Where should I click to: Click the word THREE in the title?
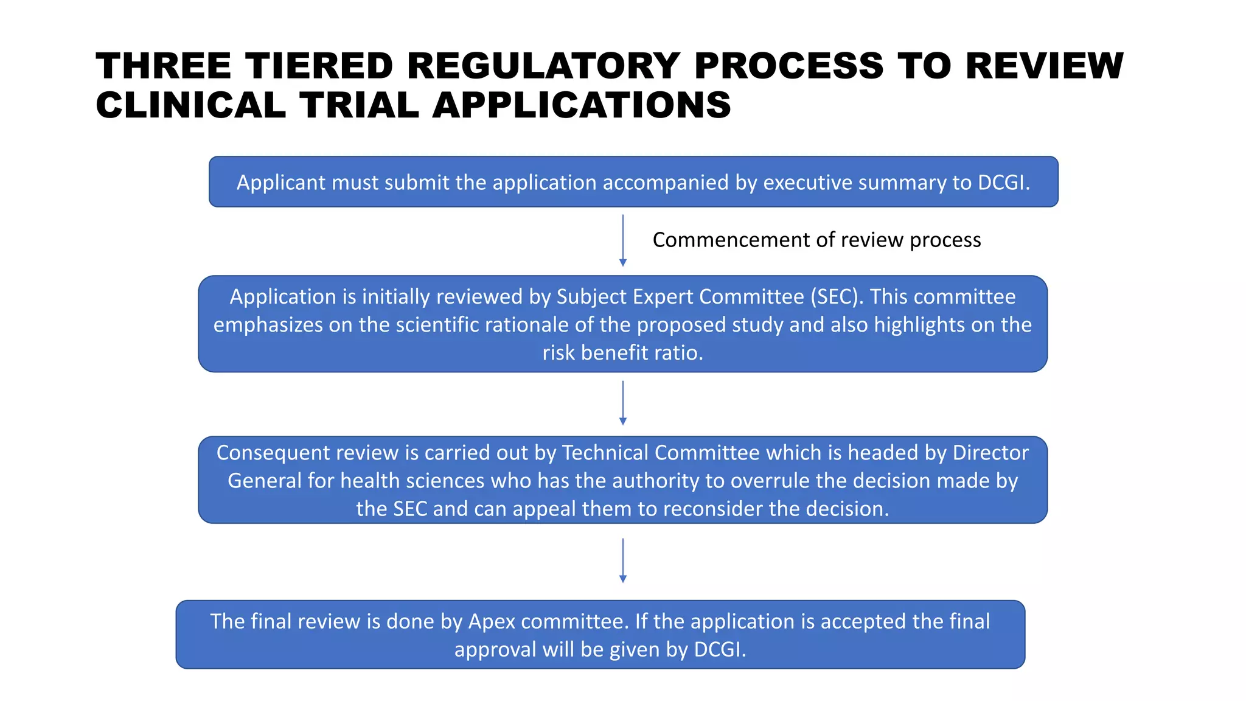tap(163, 66)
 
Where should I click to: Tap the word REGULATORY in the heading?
tap(543, 66)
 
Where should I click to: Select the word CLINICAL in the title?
tap(190, 105)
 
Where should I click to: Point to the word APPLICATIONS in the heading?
tap(581, 105)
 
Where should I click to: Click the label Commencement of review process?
tap(816, 240)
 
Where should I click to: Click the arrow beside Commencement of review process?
tap(622, 240)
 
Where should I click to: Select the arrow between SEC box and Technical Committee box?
tap(622, 403)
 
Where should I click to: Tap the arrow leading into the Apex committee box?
tap(622, 560)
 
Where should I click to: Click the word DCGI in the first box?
tap(1003, 183)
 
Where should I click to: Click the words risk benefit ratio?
tap(622, 352)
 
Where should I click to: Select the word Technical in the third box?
tap(605, 453)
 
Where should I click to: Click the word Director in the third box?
tap(990, 453)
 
